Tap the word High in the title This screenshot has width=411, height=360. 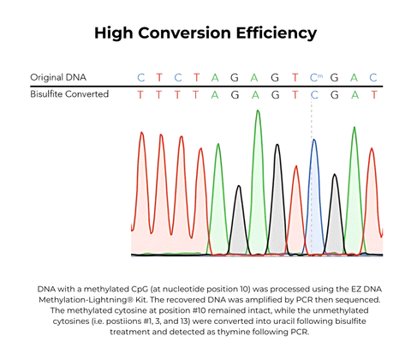tap(115, 33)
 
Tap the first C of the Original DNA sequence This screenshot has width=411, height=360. tap(141, 77)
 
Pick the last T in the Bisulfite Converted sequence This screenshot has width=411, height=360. tap(373, 94)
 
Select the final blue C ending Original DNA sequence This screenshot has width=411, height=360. tap(373, 77)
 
